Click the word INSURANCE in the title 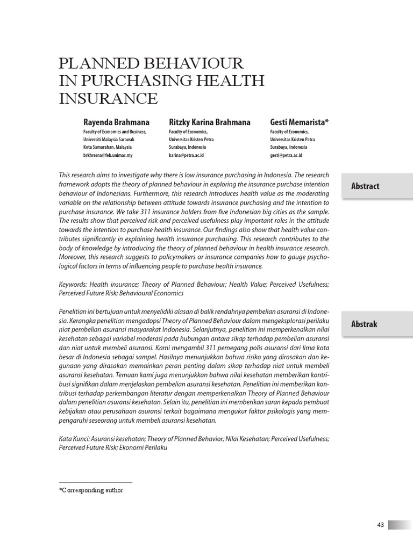[x=108, y=99]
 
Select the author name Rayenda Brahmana [x=116, y=122]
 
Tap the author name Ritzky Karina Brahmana [x=210, y=122]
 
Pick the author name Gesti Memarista [x=299, y=122]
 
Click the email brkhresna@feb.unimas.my [x=108, y=155]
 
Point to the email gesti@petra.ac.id [x=286, y=155]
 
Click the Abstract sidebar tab [x=366, y=186]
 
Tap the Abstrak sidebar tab [x=365, y=324]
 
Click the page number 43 [x=380, y=525]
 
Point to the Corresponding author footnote [x=91, y=490]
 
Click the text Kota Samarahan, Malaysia [x=107, y=147]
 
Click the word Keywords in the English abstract [x=73, y=284]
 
